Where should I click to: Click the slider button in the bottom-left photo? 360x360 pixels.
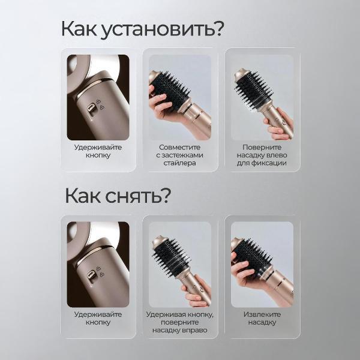coord(91,275)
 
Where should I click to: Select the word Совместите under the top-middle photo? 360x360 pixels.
coord(180,147)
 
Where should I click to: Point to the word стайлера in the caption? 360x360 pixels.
coord(180,163)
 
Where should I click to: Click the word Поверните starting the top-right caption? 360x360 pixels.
coord(262,148)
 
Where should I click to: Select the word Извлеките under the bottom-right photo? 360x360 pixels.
coord(262,314)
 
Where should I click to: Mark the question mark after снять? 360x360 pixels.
coord(166,196)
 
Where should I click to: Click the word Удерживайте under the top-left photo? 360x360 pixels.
coord(98,148)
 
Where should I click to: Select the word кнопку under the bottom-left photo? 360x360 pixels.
coord(98,323)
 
